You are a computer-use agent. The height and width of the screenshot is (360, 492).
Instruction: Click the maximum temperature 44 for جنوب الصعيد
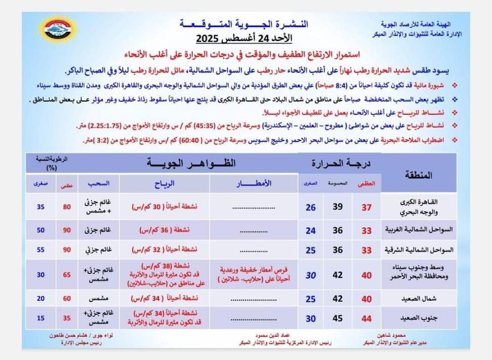[366, 318]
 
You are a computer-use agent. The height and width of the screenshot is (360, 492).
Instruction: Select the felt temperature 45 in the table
[337, 318]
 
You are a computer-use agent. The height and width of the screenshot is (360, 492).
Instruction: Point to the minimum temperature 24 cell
[310, 230]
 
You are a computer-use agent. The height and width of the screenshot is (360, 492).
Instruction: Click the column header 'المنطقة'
[419, 175]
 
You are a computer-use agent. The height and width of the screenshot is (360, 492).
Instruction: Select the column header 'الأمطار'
[253, 183]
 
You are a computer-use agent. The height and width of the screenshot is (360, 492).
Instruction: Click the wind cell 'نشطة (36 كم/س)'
[161, 230]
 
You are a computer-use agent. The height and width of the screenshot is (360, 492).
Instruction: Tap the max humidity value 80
[66, 207]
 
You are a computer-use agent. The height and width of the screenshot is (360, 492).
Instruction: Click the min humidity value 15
[40, 318]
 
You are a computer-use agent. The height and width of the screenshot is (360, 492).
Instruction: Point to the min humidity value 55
[40, 250]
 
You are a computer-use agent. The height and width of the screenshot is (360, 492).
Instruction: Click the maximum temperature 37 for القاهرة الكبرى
[366, 207]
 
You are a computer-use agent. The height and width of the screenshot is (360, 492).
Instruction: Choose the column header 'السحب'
[95, 183]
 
